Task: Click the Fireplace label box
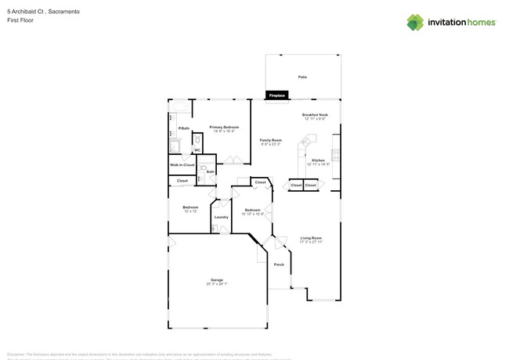(277, 95)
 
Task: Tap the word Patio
(302, 77)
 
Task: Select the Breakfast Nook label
(315, 115)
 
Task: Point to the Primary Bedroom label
(224, 127)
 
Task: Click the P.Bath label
(183, 128)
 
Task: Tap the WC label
(197, 150)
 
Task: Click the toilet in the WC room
(197, 141)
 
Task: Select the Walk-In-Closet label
(182, 165)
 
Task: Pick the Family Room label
(271, 140)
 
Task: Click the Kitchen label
(318, 160)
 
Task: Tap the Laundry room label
(221, 217)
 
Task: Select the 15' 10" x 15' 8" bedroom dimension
(252, 214)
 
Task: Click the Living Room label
(311, 238)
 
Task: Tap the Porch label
(279, 265)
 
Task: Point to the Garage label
(216, 279)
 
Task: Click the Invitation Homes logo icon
(415, 23)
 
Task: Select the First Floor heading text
(20, 20)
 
